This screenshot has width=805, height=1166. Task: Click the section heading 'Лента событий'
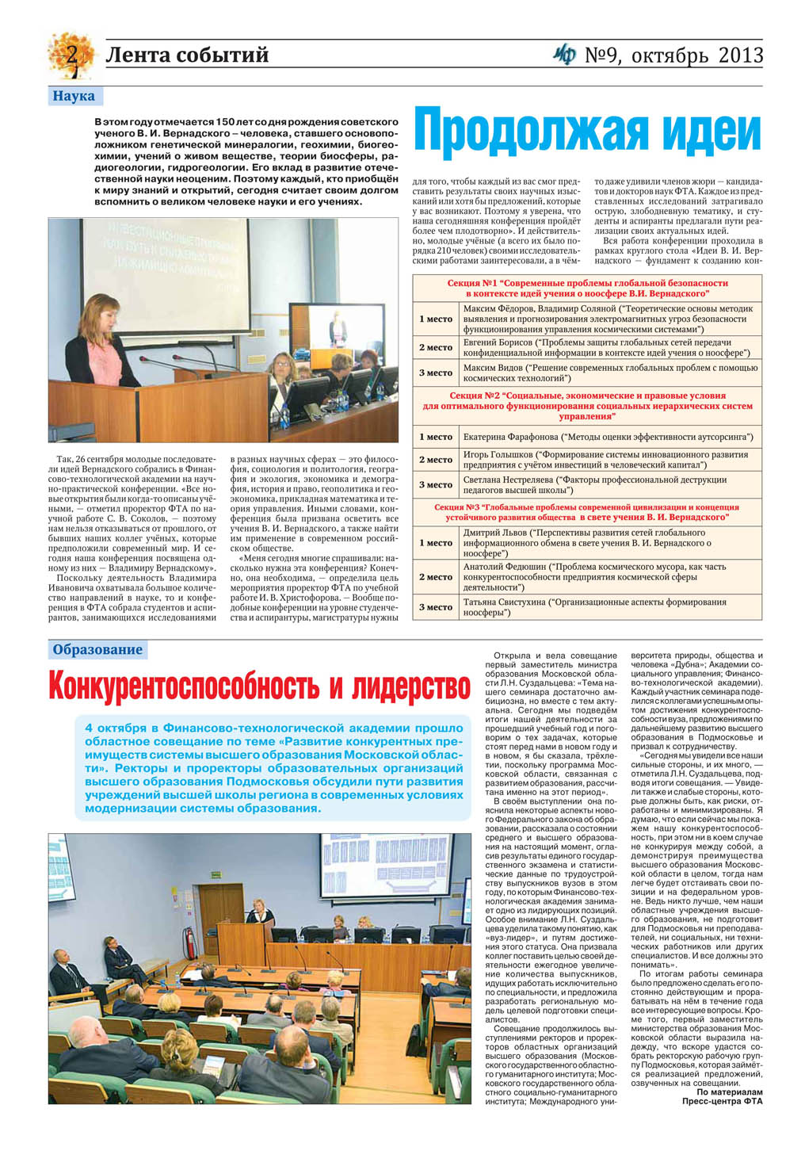point(187,55)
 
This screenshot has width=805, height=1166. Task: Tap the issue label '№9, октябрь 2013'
point(673,55)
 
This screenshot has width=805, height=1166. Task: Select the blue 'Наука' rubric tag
point(74,96)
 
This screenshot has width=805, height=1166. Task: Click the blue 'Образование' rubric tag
point(97,650)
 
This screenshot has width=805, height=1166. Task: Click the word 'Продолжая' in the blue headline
point(527,132)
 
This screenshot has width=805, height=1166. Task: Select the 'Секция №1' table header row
point(587,288)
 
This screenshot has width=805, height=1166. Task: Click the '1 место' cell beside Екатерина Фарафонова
point(436,437)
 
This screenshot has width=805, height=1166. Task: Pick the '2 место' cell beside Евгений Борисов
point(436,347)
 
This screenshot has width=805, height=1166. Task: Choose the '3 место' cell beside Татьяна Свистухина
point(436,607)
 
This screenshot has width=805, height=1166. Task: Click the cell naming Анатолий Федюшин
point(610,577)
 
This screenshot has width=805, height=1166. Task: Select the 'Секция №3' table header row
point(587,512)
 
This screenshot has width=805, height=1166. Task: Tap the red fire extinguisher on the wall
point(189,939)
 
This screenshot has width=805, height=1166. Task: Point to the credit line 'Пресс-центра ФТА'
point(722,1101)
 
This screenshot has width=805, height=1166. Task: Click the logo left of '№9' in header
point(565,55)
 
